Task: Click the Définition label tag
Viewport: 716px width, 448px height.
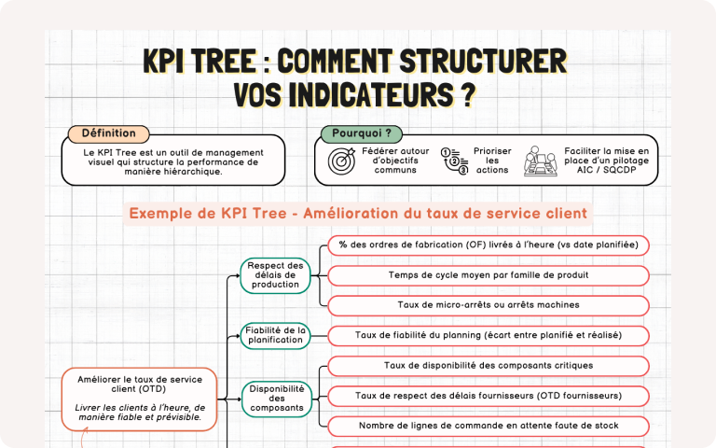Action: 108,133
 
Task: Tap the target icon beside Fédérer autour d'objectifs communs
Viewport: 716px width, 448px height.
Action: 341,161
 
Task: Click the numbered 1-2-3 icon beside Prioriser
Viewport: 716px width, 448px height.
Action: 454,161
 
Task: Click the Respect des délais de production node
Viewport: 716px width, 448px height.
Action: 275,275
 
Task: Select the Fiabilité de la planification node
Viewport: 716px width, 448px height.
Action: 275,335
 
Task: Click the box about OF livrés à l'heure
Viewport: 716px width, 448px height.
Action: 489,245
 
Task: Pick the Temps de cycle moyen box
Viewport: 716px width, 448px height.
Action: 489,275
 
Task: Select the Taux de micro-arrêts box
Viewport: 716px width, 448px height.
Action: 489,305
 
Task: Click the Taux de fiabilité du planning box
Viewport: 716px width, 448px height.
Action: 489,335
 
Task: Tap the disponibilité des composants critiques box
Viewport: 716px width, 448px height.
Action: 489,366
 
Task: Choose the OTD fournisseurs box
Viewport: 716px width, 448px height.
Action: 489,396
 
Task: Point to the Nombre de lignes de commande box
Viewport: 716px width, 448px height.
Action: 489,426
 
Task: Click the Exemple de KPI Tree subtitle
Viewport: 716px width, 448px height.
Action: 358,214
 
